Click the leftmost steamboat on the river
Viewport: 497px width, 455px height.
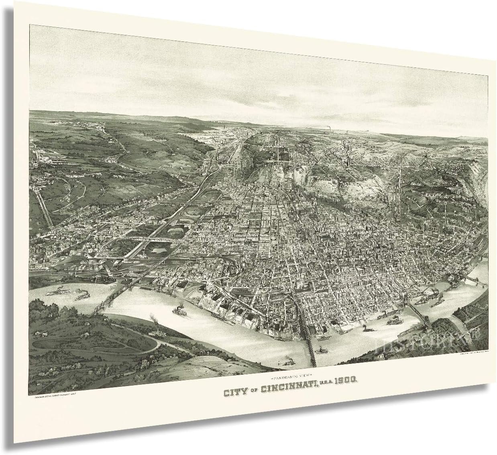[x=57, y=291]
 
